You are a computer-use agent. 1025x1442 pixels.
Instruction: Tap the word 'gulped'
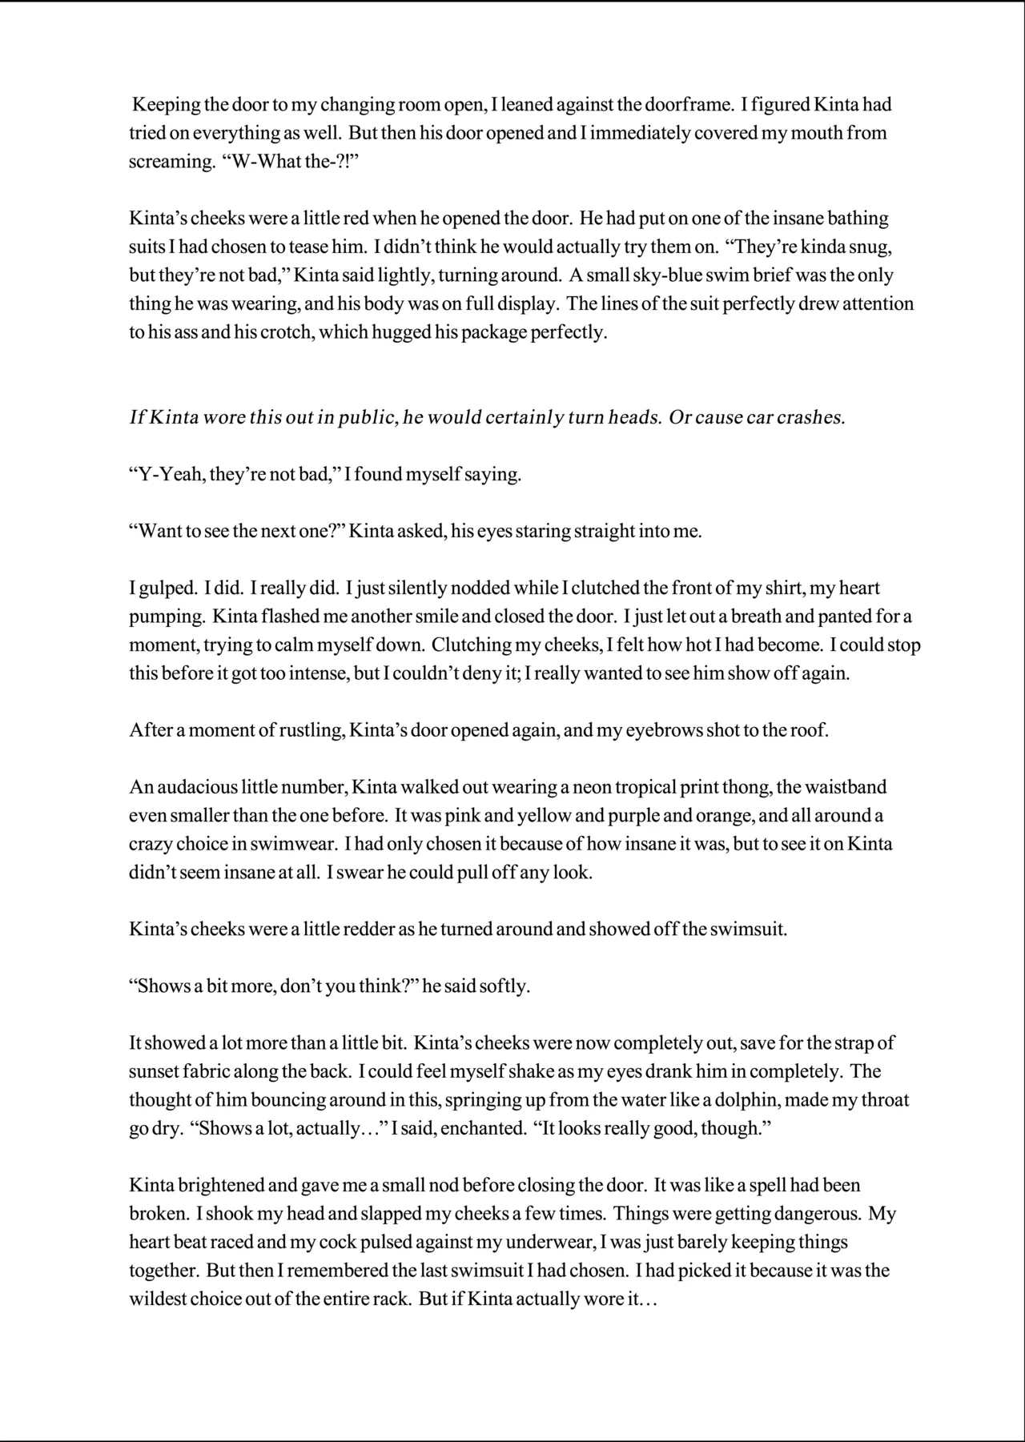coord(163,588)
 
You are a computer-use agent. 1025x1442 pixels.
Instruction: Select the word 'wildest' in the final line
coord(159,1299)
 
